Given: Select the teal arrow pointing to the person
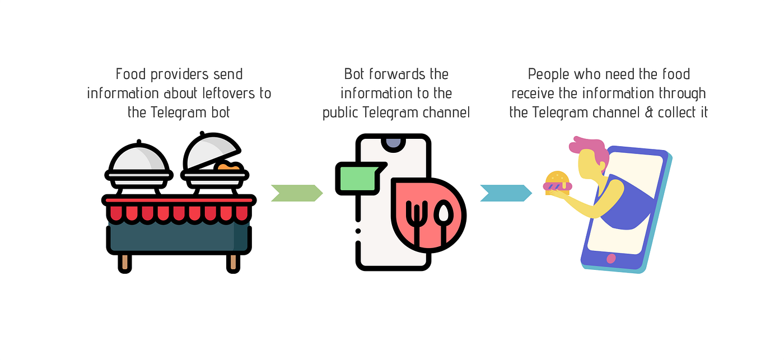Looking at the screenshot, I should tap(506, 193).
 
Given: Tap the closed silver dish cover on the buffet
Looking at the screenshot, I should tap(139, 160).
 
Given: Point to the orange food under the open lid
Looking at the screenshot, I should tap(230, 166).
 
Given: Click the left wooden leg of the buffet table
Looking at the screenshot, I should tap(124, 262).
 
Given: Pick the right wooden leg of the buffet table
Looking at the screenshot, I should tap(233, 262).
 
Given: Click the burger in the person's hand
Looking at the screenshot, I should tap(557, 183).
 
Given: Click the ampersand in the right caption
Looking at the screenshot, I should tap(649, 112).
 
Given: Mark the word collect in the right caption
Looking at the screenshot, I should tap(676, 112).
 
